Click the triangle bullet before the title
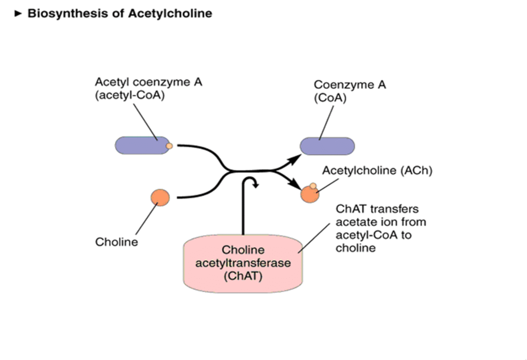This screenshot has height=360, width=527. click(x=19, y=14)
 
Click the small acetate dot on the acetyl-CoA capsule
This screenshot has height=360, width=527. click(x=169, y=146)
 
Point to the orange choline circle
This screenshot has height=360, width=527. click(x=160, y=197)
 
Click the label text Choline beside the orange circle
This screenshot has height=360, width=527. click(x=117, y=242)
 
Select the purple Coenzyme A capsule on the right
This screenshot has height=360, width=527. click(x=327, y=146)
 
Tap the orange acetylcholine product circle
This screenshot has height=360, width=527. click(x=309, y=194)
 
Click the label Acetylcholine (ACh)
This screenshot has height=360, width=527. click(x=377, y=171)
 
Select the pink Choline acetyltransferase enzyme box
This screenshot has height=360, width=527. click(x=243, y=265)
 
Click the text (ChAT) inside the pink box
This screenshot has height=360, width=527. click(x=243, y=276)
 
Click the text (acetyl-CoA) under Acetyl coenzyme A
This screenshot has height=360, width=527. click(x=130, y=95)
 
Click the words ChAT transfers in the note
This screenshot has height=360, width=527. click(x=377, y=209)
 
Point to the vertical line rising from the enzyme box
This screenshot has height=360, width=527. click(x=243, y=216)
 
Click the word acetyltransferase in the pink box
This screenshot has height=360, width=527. click(x=243, y=263)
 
